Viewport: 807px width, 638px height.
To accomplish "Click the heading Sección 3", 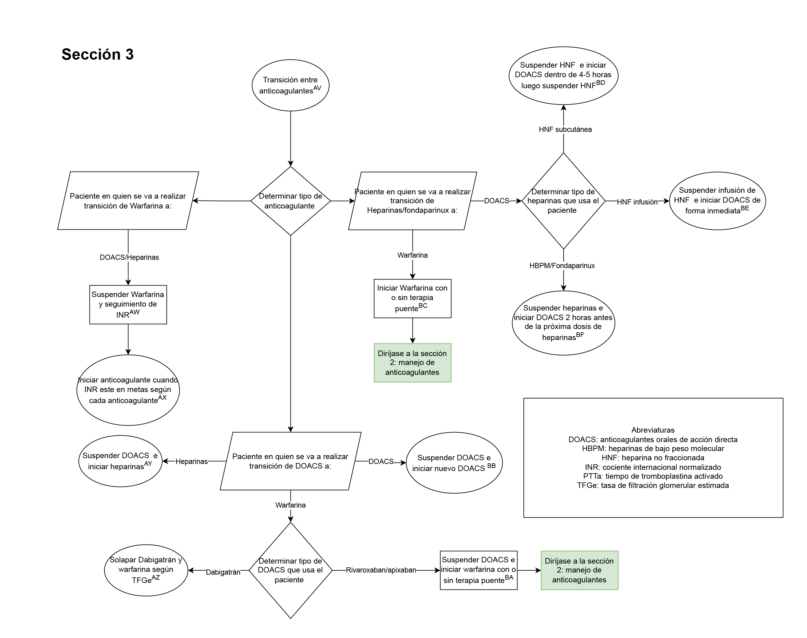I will click(x=97, y=54).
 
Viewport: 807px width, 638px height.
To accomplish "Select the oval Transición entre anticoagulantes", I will click(x=290, y=85).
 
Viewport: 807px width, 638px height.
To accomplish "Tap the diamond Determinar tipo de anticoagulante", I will click(x=290, y=201).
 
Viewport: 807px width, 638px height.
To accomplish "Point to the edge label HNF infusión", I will click(x=637, y=202).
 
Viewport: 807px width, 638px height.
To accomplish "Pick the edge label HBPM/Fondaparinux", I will click(x=562, y=266).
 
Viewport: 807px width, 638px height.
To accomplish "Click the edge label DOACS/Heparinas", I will click(x=129, y=257).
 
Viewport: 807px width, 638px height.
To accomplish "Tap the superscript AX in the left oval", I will click(x=162, y=398).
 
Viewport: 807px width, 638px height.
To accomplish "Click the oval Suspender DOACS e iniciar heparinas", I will click(x=120, y=461).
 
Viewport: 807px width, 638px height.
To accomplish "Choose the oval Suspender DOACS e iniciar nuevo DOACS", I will click(x=454, y=463).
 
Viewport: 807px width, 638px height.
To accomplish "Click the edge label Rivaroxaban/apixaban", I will click(x=381, y=570).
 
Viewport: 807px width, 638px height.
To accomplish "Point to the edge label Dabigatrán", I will click(x=223, y=572).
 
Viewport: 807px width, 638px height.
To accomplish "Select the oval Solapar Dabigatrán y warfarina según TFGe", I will click(x=146, y=570).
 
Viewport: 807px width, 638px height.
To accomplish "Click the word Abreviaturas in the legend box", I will click(x=652, y=430).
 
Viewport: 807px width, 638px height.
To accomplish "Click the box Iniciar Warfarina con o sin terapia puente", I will click(x=412, y=299).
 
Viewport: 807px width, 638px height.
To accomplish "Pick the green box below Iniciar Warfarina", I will click(x=412, y=363).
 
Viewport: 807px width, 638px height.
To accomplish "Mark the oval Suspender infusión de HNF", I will click(x=717, y=200).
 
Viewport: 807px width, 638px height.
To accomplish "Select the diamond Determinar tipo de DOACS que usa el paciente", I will click(x=290, y=570).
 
